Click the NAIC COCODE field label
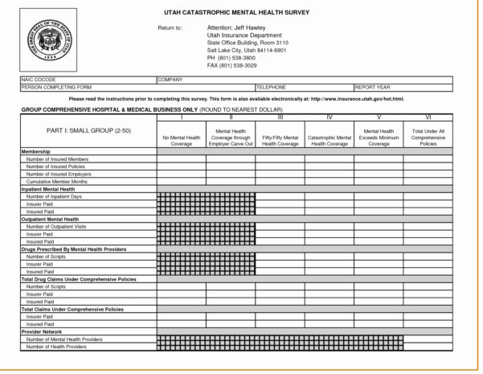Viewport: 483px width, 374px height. click(39, 80)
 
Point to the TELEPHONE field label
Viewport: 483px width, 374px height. click(272, 87)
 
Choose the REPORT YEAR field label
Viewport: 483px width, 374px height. click(374, 87)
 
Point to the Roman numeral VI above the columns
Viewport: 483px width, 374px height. click(428, 117)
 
